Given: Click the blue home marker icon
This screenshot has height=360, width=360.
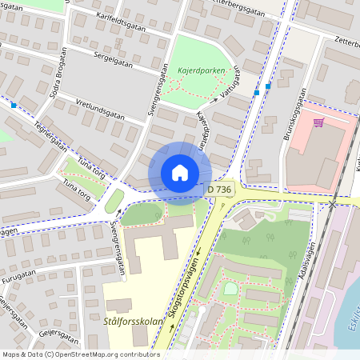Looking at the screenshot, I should point(180,173).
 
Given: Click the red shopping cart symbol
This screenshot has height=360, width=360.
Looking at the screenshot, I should point(318,122).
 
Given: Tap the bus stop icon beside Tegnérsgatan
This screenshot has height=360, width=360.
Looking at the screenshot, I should point(14,105).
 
